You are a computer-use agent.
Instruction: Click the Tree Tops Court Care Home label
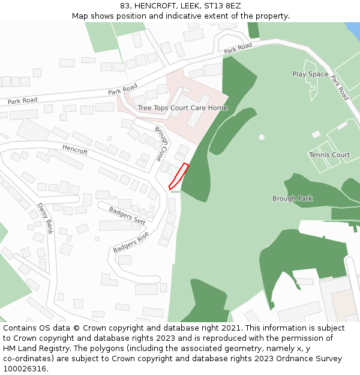[182, 108]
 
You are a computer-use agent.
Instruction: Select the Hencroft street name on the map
[75, 149]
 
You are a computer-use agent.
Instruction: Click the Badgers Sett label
[127, 215]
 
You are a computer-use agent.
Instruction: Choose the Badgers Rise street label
[130, 241]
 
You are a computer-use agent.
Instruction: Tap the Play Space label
[310, 74]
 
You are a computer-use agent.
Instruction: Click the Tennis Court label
[329, 155]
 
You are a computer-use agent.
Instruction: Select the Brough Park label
[292, 199]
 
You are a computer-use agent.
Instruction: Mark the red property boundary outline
[179, 176]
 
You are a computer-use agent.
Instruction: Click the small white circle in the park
[262, 137]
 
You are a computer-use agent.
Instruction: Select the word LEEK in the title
[188, 6]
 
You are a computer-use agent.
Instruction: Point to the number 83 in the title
[125, 6]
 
